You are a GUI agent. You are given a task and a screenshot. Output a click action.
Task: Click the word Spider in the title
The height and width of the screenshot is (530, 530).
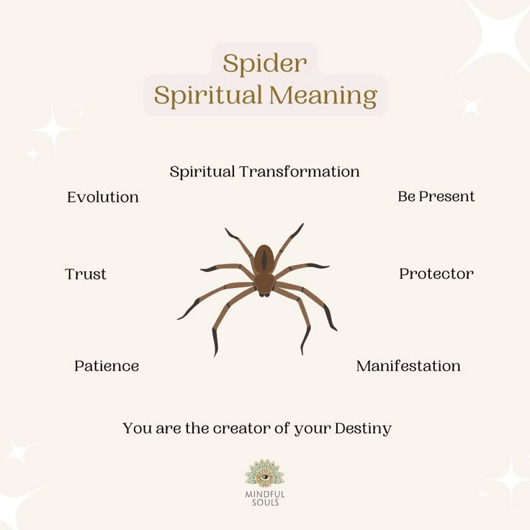pyautogui.click(x=264, y=63)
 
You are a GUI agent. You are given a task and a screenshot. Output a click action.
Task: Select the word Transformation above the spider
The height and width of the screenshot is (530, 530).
pyautogui.click(x=299, y=171)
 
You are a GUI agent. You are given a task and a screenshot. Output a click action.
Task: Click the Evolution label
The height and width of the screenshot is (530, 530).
pyautogui.click(x=103, y=197)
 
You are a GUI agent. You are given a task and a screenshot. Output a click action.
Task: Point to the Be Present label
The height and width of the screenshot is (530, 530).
pyautogui.click(x=436, y=196)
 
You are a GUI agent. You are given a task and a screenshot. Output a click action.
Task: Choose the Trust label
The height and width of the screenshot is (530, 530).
pyautogui.click(x=86, y=274)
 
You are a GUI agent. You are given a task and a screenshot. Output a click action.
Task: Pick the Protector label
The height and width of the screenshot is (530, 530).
pyautogui.click(x=436, y=274)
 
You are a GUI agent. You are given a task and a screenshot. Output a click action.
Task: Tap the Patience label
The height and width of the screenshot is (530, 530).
pyautogui.click(x=107, y=366)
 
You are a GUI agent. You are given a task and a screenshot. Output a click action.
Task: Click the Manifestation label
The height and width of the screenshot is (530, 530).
pyautogui.click(x=408, y=366)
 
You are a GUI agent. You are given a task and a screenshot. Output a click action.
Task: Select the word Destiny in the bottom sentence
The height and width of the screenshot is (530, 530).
pyautogui.click(x=363, y=428)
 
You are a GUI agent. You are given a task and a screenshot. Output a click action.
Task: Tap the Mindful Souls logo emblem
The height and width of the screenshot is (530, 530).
pyautogui.click(x=264, y=474)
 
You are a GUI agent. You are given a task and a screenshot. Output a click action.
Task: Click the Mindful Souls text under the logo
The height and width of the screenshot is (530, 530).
pyautogui.click(x=264, y=498)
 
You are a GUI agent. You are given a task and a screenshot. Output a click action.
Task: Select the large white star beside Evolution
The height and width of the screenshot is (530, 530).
pyautogui.click(x=54, y=129)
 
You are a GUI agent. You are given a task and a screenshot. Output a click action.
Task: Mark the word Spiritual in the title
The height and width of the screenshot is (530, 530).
pyautogui.click(x=207, y=96)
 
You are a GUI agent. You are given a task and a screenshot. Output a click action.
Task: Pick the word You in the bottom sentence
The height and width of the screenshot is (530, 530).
pyautogui.click(x=135, y=428)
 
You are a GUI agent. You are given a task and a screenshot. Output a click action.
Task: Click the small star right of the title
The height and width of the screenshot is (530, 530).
pyautogui.click(x=472, y=107)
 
